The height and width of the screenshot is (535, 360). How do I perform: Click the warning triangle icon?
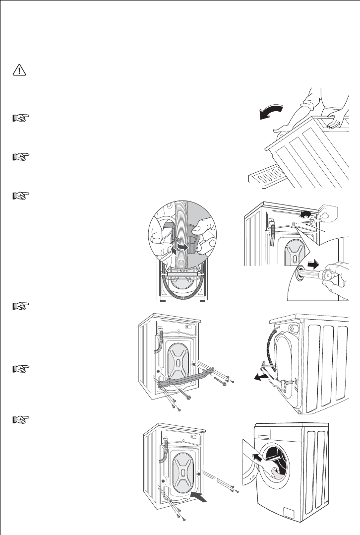(x=19, y=71)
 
